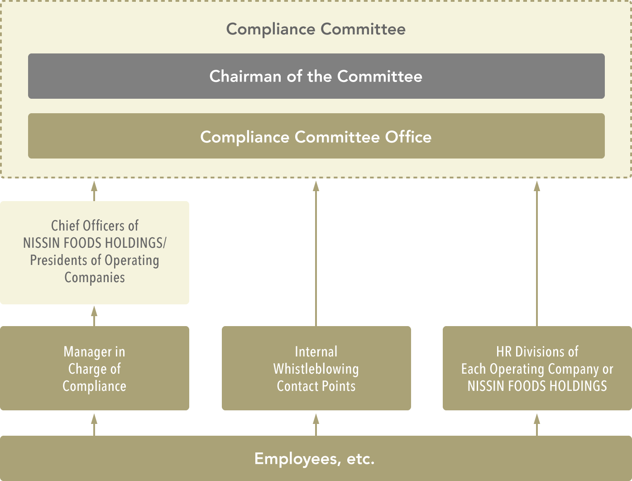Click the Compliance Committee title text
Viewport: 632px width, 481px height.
coord(316,29)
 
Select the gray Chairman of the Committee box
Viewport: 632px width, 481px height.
coord(316,76)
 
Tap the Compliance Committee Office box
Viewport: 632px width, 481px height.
coord(316,136)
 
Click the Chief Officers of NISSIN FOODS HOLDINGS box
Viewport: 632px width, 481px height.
coord(95,253)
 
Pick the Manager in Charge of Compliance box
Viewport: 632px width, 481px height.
coord(95,368)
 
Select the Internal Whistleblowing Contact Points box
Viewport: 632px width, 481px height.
coord(316,368)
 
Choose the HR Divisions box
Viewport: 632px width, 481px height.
coord(537,368)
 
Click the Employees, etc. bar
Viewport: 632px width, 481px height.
coord(316,458)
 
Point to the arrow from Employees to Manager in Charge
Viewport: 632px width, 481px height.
coord(94,425)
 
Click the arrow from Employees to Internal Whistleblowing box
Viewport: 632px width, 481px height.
coord(316,425)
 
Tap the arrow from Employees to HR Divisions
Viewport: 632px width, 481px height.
coord(537,425)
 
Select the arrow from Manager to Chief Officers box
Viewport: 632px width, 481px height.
coord(94,316)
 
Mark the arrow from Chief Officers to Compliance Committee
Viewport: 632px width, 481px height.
coord(94,191)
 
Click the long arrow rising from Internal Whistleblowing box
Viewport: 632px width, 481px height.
coord(316,254)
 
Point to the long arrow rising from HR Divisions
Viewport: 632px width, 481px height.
coord(537,254)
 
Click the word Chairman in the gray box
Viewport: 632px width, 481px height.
coord(245,77)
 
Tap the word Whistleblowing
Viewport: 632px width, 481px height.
coord(316,369)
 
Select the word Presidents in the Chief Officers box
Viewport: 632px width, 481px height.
coord(59,260)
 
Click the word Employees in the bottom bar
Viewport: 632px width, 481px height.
coord(296,459)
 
